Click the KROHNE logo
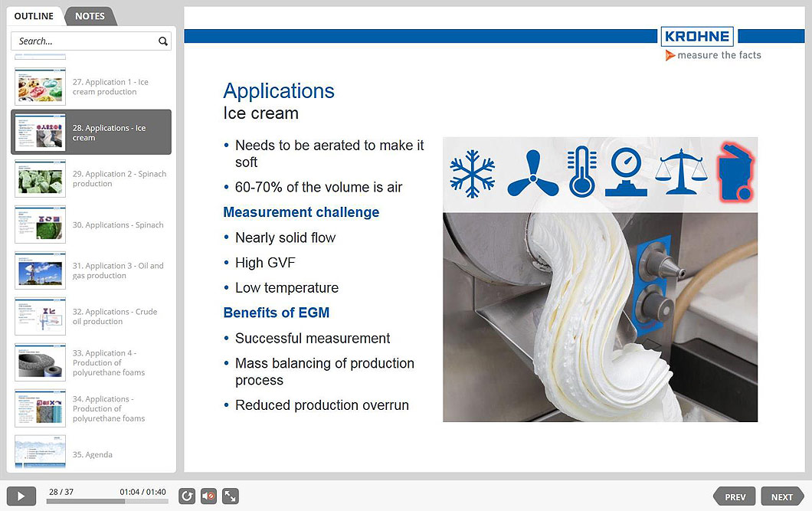click(x=696, y=37)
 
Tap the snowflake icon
click(x=472, y=174)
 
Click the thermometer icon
click(x=582, y=172)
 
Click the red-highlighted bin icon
click(x=735, y=172)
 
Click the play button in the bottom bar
click(x=21, y=496)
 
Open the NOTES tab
click(x=90, y=16)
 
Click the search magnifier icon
click(x=162, y=41)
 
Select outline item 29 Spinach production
click(x=119, y=179)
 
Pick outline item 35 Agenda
click(x=92, y=454)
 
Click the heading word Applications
click(x=279, y=91)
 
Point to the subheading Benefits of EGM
click(x=276, y=313)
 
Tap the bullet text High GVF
click(x=265, y=263)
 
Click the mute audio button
click(x=208, y=496)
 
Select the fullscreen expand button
click(x=230, y=496)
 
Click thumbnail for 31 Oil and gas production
click(x=41, y=270)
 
